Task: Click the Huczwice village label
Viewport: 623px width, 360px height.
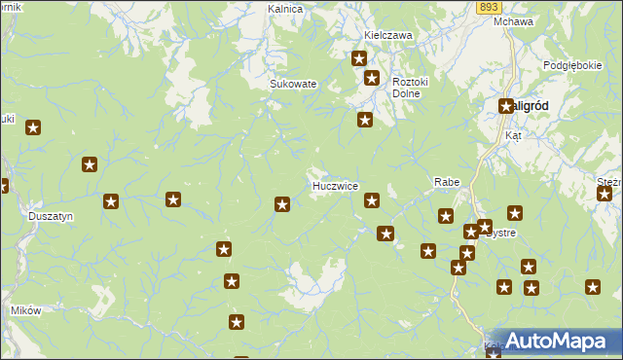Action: pos(335,186)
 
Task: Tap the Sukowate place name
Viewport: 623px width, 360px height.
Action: pos(293,84)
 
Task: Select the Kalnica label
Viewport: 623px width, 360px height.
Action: pos(286,9)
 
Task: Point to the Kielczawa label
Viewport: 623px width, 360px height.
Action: pos(388,35)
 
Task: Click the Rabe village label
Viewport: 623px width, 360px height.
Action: pos(446,182)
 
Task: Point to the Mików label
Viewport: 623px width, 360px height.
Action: pos(25,310)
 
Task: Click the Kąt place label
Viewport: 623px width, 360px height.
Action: pos(513,136)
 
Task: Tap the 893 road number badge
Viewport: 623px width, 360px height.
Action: pos(489,6)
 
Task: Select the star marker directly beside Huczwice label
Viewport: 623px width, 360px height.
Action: pos(372,200)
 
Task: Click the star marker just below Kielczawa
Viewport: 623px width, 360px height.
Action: pos(358,59)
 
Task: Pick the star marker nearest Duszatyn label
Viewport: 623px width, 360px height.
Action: pos(111,201)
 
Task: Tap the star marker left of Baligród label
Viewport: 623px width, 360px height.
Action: pos(506,106)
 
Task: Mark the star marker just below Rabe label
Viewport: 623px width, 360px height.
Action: pos(446,216)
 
